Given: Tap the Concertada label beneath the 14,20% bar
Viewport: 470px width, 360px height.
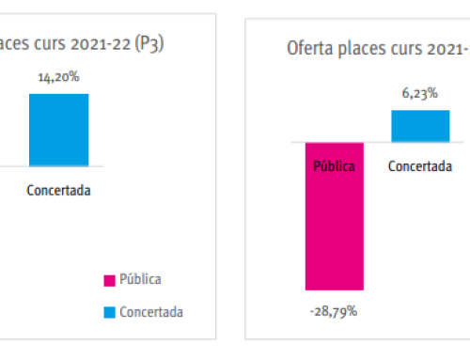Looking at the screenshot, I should tap(58, 189).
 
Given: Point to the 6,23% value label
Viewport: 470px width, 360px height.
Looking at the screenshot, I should tap(419, 95).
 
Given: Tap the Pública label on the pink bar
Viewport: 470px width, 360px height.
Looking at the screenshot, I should tap(334, 166).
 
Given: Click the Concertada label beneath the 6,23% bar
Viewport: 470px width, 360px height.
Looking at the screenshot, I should tap(419, 166).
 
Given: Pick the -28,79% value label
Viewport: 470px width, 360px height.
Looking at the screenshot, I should tap(334, 309).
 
